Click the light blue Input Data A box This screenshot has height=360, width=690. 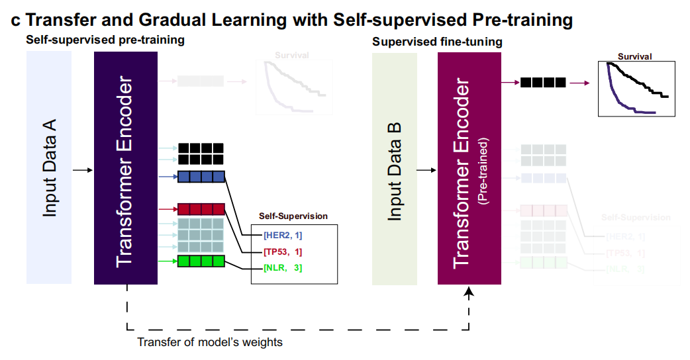tap(49, 168)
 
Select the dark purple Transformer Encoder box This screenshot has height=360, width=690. tap(126, 168)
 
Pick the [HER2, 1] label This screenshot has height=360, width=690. tap(283, 235)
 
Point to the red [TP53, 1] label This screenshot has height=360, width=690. tap(283, 251)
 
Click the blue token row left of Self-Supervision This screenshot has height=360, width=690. tap(201, 177)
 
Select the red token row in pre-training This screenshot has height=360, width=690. tap(201, 210)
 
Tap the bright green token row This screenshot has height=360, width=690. tap(201, 261)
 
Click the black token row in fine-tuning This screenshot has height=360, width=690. tap(543, 83)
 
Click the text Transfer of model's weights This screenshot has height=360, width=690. tap(210, 342)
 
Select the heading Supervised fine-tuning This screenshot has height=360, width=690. tap(437, 42)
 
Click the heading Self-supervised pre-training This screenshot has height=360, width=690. tap(105, 40)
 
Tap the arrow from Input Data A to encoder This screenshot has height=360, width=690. tap(82, 170)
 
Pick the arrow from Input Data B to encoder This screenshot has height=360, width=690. tap(426, 171)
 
